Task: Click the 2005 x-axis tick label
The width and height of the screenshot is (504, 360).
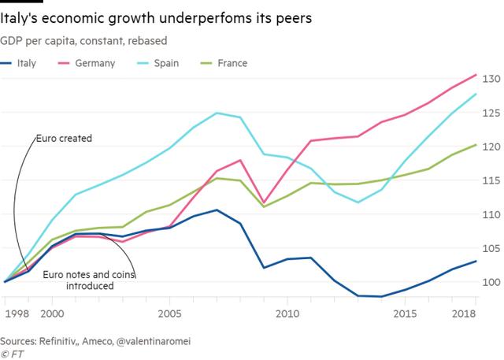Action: pos(169,313)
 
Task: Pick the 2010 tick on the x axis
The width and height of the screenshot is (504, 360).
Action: pos(287,313)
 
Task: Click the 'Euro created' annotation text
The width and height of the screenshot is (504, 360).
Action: pos(64,139)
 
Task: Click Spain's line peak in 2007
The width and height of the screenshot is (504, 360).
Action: pos(217,113)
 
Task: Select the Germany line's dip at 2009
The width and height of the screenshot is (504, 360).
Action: pos(264,203)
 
